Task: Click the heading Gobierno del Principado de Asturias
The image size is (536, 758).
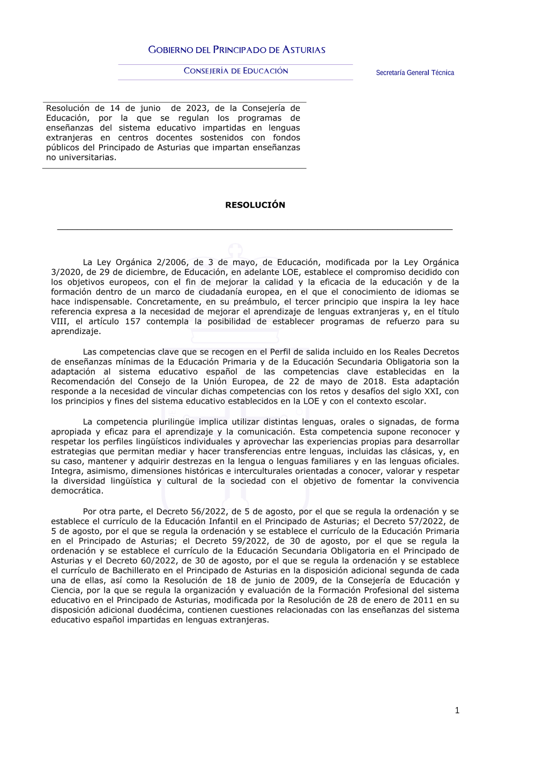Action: tap(236, 50)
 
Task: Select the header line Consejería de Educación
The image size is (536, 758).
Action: tap(236, 71)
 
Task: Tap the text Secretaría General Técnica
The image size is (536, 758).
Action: tap(415, 73)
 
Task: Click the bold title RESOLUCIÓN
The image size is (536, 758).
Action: tap(255, 205)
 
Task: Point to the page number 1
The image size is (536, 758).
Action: tap(457, 710)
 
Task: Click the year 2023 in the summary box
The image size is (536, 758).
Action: tap(196, 108)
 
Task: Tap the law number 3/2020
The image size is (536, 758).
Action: tap(66, 272)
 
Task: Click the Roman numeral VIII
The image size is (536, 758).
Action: tap(59, 322)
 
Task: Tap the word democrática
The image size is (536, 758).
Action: tap(76, 491)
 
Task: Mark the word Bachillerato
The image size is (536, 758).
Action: tap(141, 570)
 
